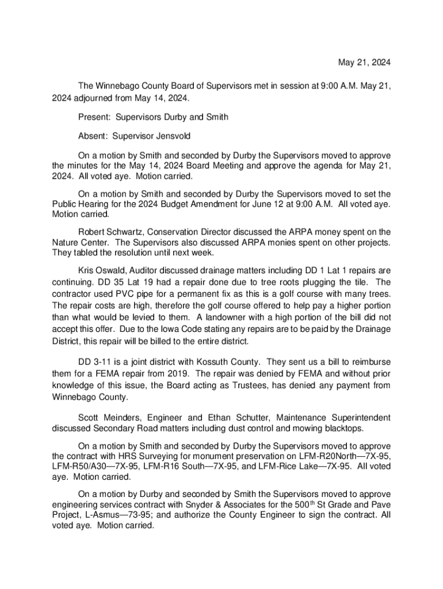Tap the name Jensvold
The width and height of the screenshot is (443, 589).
click(169, 137)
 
